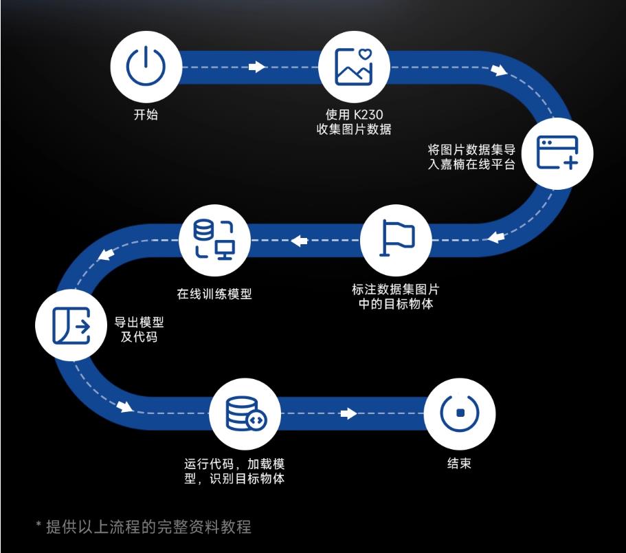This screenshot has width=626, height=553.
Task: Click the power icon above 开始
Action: [146, 67]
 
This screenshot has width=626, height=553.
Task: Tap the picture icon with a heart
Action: [354, 67]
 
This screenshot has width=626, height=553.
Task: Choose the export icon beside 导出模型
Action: [71, 325]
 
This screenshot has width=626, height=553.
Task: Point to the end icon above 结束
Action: [458, 413]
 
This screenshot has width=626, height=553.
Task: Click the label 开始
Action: [146, 114]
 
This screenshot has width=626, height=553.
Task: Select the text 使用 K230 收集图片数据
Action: [354, 121]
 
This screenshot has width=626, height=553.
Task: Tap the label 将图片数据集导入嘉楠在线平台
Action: [471, 157]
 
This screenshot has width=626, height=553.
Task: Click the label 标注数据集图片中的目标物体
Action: [396, 296]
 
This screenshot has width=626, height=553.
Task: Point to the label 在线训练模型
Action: [214, 294]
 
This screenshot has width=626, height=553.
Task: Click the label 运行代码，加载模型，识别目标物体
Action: [234, 470]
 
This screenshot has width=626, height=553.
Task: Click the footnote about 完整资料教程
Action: [144, 527]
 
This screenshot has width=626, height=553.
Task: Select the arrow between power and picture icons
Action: [256, 67]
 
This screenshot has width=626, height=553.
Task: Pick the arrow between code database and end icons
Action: [348, 413]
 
